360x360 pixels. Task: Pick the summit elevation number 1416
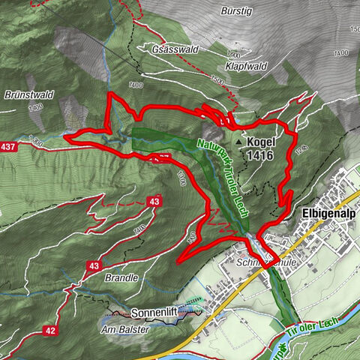tap(256, 155)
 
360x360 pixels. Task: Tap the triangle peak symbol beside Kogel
tap(238, 141)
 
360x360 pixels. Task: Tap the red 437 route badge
tap(8, 144)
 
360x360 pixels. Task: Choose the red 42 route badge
tap(49, 330)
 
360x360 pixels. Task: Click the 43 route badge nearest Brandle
tap(95, 265)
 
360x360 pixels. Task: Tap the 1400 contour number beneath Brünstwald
tap(34, 108)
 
